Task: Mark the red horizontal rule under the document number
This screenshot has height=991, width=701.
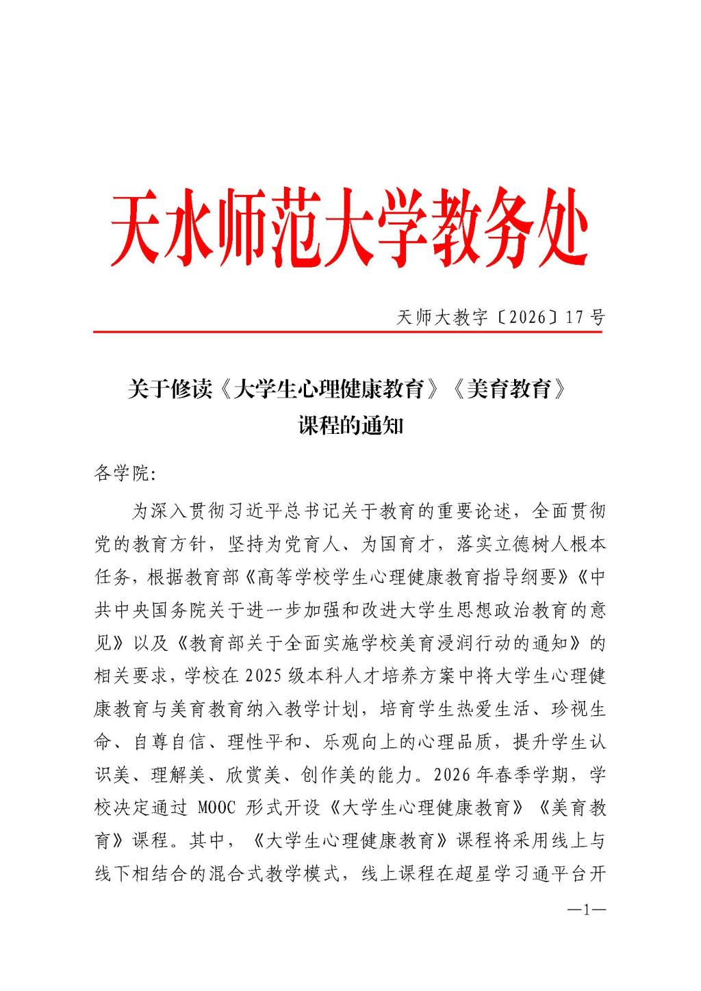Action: coord(348,332)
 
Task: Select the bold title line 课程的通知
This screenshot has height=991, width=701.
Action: coord(350,426)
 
